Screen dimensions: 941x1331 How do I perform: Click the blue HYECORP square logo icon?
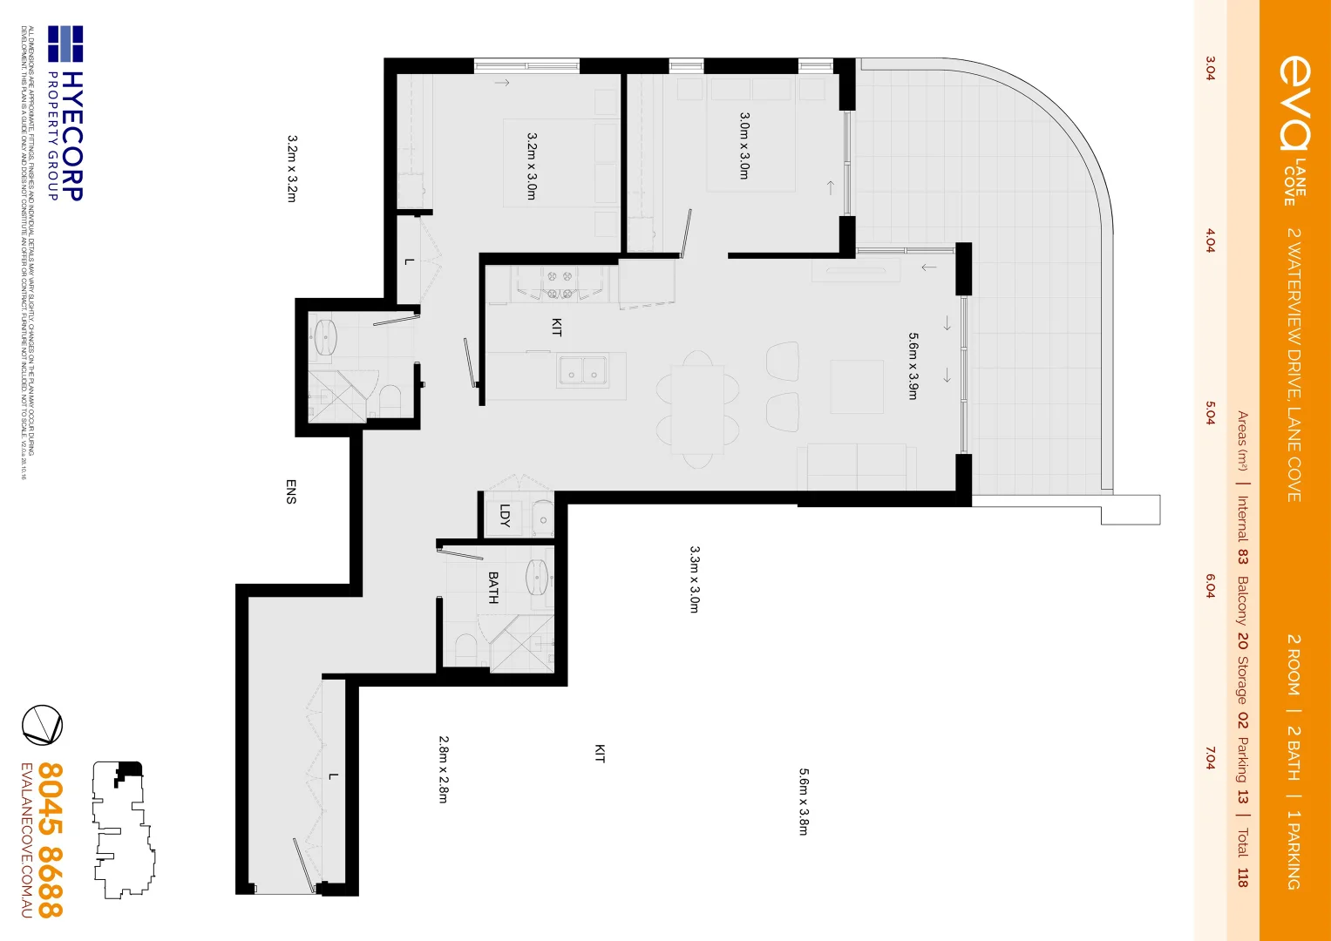[65, 44]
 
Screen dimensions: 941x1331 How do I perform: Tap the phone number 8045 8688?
[51, 840]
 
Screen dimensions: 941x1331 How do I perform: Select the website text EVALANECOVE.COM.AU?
[26, 840]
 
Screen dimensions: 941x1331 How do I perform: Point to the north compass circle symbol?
[42, 725]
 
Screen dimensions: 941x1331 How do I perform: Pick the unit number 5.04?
[1210, 413]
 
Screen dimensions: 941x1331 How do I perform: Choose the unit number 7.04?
[1210, 758]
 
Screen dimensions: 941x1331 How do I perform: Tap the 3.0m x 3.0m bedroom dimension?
[744, 146]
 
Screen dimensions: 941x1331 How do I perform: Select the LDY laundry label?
[505, 516]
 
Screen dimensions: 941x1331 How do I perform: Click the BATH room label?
[493, 588]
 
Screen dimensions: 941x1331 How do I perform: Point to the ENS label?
[291, 491]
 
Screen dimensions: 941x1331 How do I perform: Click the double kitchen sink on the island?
[583, 369]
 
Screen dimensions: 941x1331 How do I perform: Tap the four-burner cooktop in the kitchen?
[559, 284]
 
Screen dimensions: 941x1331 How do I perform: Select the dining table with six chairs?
[697, 408]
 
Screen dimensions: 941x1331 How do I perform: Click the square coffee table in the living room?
[857, 387]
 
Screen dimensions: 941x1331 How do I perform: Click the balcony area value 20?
[1242, 640]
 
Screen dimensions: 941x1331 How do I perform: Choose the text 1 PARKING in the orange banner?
[1294, 850]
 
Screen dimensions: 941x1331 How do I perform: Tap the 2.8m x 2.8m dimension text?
[444, 769]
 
